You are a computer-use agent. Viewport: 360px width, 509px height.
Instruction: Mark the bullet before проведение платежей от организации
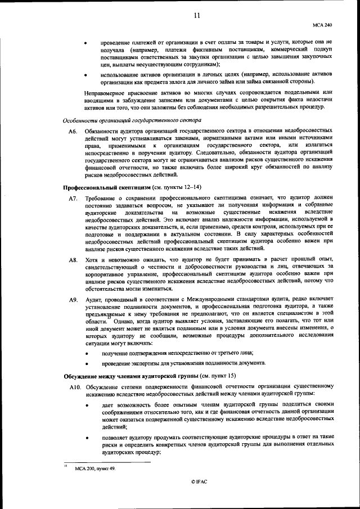click(85, 43)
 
